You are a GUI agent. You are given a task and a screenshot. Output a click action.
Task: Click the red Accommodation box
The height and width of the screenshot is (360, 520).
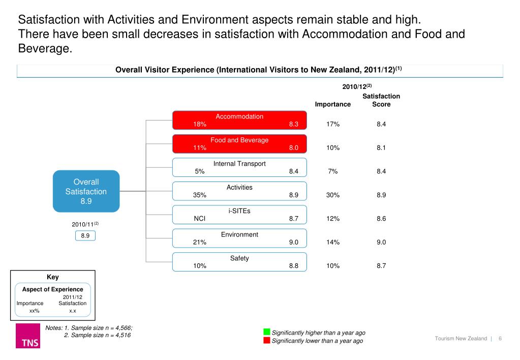[239, 120]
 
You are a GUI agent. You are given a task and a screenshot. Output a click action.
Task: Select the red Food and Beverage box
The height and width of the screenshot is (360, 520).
[239, 144]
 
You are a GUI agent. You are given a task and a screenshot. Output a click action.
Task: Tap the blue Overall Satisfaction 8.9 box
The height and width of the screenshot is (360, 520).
[86, 192]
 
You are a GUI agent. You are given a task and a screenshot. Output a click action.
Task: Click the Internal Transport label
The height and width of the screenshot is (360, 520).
[239, 164]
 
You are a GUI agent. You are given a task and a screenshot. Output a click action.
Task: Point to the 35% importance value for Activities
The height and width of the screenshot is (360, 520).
[200, 195]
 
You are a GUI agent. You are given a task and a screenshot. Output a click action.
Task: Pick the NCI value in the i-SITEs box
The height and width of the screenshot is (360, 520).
[199, 219]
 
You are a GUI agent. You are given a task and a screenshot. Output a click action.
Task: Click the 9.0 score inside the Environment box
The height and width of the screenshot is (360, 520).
[293, 243]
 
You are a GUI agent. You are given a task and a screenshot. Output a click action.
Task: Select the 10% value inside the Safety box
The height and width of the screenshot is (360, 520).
[200, 266]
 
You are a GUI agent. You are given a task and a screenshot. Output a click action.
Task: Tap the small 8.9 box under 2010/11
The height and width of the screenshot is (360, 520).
[85, 236]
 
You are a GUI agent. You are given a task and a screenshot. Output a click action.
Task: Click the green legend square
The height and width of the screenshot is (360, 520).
[266, 332]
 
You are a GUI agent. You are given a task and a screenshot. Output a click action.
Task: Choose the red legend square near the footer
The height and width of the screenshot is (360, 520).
[266, 340]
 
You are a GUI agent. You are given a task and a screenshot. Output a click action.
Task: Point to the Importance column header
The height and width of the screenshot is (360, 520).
[333, 104]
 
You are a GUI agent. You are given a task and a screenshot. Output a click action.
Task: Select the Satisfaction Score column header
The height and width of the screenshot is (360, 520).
[381, 100]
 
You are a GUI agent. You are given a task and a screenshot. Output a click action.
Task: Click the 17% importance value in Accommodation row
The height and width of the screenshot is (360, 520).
[333, 124]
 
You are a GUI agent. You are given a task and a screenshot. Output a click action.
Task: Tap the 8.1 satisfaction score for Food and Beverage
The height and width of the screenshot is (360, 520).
[381, 148]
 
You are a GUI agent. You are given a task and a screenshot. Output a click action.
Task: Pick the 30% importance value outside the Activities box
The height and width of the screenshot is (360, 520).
[333, 195]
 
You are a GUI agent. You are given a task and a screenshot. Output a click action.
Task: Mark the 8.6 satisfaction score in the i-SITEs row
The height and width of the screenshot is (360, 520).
[381, 219]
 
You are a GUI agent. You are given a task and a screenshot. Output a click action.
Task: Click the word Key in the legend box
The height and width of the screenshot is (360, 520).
[53, 277]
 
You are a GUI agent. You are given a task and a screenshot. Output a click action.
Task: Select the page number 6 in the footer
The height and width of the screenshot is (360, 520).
[500, 339]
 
